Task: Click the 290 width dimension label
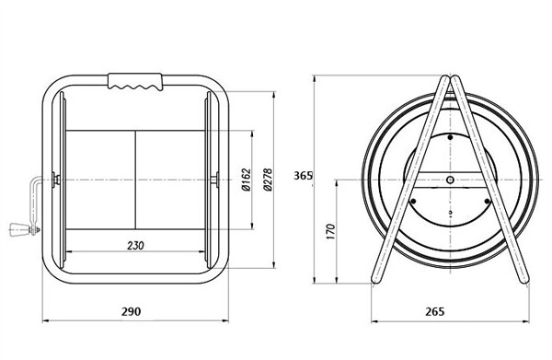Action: [x=131, y=311]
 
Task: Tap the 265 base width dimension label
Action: [x=435, y=311]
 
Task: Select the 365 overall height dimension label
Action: [x=303, y=176]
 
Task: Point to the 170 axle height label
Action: [x=330, y=232]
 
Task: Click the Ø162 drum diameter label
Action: [x=247, y=180]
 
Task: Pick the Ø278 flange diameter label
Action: [x=268, y=180]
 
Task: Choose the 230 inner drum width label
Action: [x=135, y=245]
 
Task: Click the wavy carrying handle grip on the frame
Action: [x=135, y=82]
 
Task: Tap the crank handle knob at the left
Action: [x=17, y=229]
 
